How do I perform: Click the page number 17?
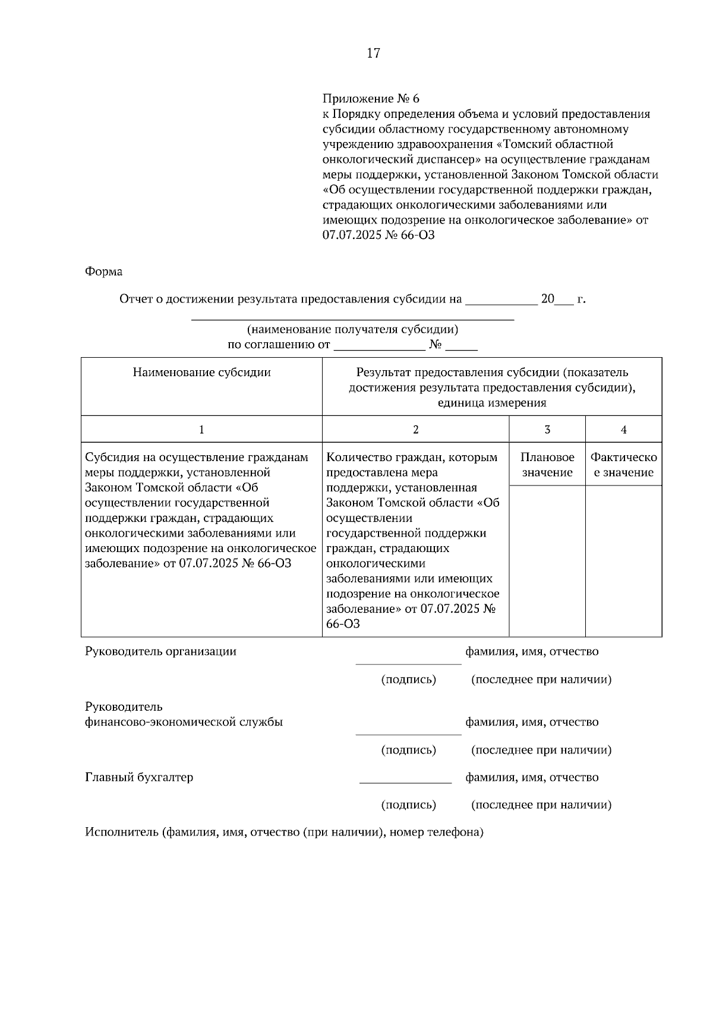click(373, 53)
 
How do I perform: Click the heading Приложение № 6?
click(371, 98)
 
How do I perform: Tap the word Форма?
click(103, 272)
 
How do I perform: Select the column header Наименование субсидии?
click(201, 373)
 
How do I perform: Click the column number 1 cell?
click(201, 430)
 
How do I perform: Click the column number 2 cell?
click(415, 430)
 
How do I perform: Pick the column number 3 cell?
click(547, 430)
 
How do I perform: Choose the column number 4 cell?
click(623, 430)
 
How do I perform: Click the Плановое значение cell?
click(547, 465)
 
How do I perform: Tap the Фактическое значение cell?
click(623, 465)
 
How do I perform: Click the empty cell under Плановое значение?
click(547, 560)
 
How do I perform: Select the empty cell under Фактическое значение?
click(623, 560)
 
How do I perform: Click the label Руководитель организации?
click(160, 651)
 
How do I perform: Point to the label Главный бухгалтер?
click(138, 777)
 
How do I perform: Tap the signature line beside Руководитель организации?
click(408, 663)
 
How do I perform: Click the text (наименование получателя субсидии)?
click(352, 330)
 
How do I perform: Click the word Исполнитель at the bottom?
click(121, 833)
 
